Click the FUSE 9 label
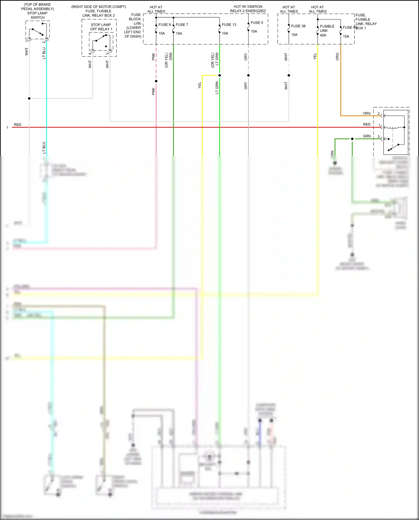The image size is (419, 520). [x=164, y=25]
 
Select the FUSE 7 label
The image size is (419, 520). [x=182, y=25]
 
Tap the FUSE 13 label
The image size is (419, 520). [x=229, y=25]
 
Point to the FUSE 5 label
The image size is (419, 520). [x=257, y=23]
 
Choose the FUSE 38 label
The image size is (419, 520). [x=298, y=26]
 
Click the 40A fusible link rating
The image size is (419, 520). [x=323, y=35]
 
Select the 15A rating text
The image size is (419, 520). [x=346, y=36]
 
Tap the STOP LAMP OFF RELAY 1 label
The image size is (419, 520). [x=101, y=27]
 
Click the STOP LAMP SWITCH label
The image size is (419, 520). [x=37, y=15]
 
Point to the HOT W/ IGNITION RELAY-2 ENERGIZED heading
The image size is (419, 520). [x=248, y=9]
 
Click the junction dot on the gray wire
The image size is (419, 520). [x=248, y=75]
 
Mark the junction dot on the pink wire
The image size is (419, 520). [x=156, y=81]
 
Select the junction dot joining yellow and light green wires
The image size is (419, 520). [x=220, y=75]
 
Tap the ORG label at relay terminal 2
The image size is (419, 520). [x=366, y=113]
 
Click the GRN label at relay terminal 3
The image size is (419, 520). [x=366, y=136]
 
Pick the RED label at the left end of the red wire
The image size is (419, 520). [x=18, y=125]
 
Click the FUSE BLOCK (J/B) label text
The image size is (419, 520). [x=135, y=19]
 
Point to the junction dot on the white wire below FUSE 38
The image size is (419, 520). [x=289, y=75]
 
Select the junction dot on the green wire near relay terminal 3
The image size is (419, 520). [x=352, y=139]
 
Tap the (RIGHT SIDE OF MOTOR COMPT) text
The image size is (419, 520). [x=99, y=7]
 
